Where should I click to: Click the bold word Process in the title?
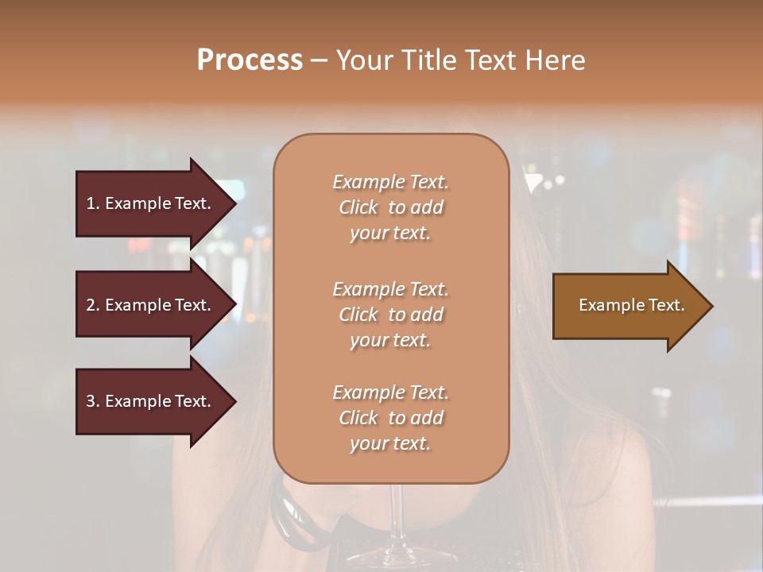tap(250, 60)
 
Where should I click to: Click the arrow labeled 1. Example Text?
tap(151, 203)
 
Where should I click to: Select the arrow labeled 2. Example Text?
tap(151, 305)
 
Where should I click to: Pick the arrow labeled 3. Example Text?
tap(151, 401)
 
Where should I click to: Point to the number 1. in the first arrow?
tap(93, 203)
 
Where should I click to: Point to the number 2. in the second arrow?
tap(93, 305)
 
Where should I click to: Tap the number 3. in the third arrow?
tap(93, 401)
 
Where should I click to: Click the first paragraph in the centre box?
tap(390, 207)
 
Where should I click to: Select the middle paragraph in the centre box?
tap(390, 315)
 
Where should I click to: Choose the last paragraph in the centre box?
tap(390, 418)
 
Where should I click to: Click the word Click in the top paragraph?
tap(358, 207)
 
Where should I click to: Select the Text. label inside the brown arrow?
tap(665, 305)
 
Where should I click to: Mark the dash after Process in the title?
tap(320, 60)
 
